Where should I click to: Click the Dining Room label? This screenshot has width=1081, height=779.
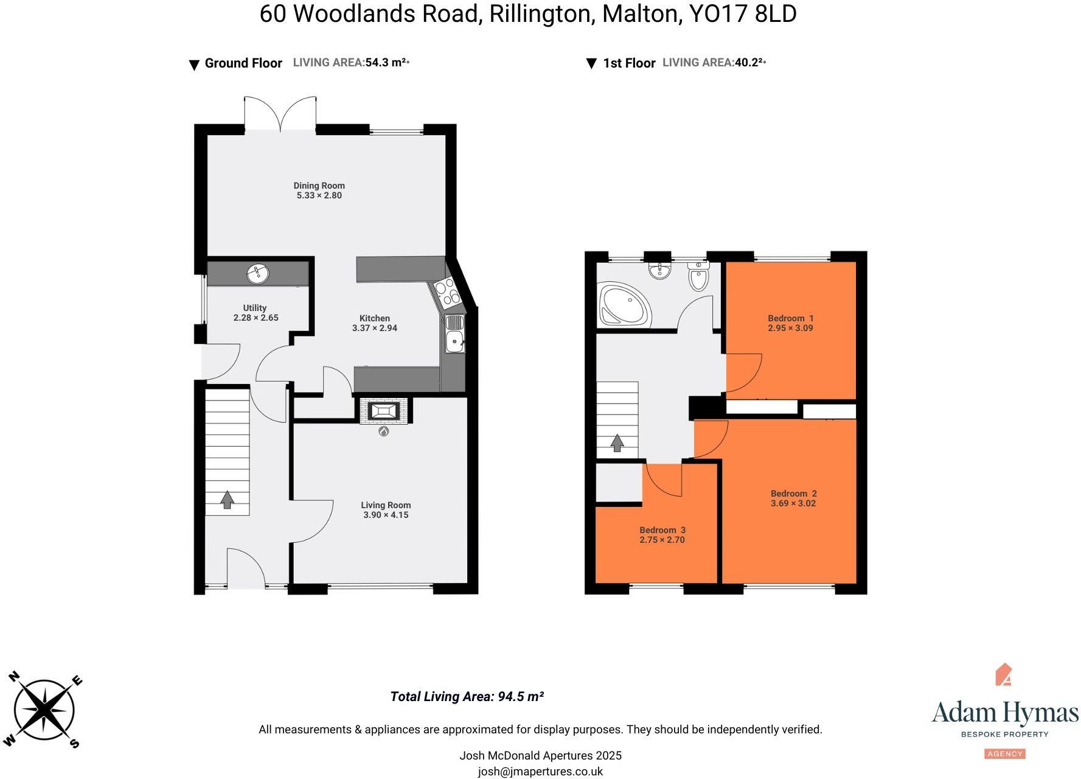[319, 186]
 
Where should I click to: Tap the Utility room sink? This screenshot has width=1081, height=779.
[258, 274]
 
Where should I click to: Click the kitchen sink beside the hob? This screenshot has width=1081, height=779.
[454, 335]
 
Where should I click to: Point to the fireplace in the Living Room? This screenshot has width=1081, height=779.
[383, 411]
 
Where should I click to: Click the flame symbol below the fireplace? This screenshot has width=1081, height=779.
[383, 431]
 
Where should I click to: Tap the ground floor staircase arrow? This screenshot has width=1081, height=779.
[227, 500]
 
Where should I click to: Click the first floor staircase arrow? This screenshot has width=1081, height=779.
[617, 442]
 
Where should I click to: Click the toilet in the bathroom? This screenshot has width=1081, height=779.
[699, 277]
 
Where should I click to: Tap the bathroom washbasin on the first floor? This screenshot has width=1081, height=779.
[659, 271]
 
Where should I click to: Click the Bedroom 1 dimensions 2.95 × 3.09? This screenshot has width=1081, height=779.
[790, 328]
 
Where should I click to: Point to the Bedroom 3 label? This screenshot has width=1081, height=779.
[662, 530]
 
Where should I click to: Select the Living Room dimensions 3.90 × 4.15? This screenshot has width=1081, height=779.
[386, 515]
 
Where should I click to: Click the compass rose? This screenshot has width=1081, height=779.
[44, 710]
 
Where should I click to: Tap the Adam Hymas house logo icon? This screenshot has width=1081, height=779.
[1004, 674]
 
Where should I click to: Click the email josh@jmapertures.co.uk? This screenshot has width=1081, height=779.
[540, 772]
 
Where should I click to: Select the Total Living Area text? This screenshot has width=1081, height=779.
[467, 697]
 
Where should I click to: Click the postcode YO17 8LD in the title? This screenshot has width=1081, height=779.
[742, 14]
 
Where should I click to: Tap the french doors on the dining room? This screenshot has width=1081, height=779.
[280, 114]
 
